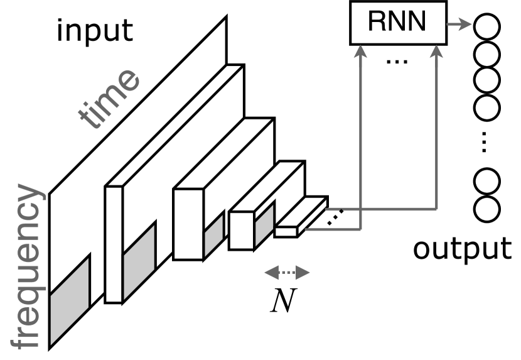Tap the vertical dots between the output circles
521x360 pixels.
tap(485, 143)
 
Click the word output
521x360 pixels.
tap(462, 248)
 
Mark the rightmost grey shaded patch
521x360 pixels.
tap(264, 223)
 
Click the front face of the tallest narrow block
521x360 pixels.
tap(113, 245)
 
